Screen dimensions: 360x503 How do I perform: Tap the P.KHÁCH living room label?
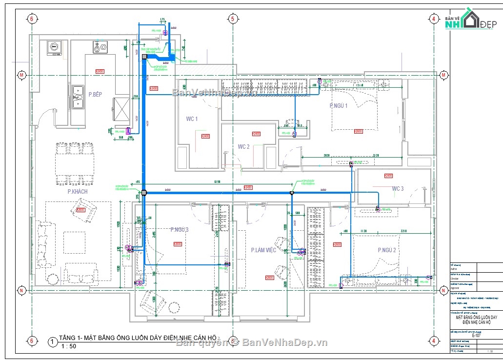[78, 192]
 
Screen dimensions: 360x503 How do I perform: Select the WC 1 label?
[192, 119]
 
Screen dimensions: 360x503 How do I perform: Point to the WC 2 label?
[243, 146]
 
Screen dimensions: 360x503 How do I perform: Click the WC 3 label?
[398, 188]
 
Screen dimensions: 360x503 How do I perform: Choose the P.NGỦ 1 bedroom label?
[339, 105]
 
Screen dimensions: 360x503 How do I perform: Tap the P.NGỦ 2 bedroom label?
[387, 250]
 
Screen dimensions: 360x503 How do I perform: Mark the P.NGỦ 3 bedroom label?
[180, 229]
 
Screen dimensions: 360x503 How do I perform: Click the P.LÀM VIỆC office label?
[263, 250]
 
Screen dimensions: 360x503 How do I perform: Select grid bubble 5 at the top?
[232, 19]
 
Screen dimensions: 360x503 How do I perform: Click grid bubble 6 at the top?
[32, 19]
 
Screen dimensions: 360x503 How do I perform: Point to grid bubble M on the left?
[21, 75]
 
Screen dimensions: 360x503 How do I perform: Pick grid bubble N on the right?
[443, 290]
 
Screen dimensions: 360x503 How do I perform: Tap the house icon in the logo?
[470, 20]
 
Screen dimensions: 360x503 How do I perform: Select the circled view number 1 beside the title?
[52, 342]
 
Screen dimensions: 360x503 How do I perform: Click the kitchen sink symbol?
[77, 97]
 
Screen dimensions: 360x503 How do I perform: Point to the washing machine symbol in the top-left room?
[54, 48]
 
